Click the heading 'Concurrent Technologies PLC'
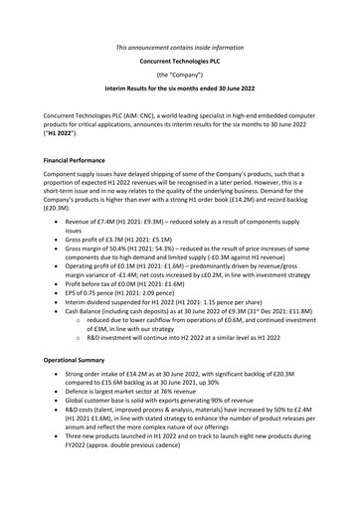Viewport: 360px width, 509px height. click(180, 61)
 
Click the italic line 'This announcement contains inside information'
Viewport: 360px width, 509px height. click(180, 46)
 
